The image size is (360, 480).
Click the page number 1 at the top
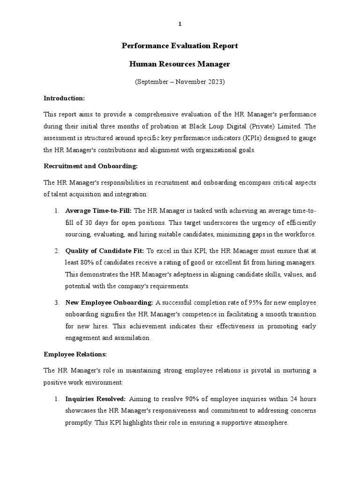coord(180,24)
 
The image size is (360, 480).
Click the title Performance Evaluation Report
coord(180,46)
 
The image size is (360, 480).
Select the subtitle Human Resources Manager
coord(180,63)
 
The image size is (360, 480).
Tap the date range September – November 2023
coord(180,82)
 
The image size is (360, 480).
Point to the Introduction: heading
coord(64,98)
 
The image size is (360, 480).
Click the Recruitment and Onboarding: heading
coord(90,166)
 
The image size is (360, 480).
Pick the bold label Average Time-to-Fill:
coord(98,210)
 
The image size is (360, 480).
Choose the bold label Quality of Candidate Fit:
coord(105,250)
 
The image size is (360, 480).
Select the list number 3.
coord(56,302)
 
